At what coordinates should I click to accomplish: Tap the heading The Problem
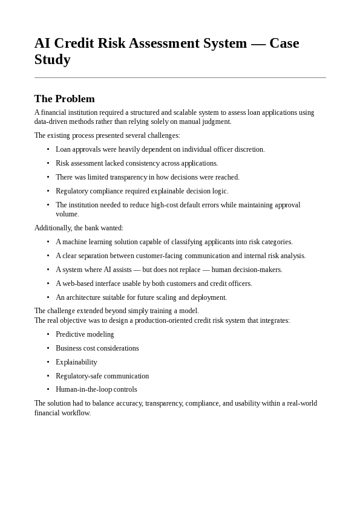(65, 99)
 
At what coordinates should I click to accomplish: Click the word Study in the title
(53, 60)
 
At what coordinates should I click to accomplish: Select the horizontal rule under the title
(180, 78)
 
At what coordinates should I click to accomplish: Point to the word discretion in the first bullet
(249, 149)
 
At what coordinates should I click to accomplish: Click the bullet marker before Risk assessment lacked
(48, 163)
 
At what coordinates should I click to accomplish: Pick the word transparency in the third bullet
(129, 177)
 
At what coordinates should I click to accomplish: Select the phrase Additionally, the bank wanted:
(79, 228)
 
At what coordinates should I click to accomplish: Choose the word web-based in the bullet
(77, 284)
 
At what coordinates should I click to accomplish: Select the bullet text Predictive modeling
(85, 334)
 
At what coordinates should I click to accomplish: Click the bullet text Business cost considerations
(97, 348)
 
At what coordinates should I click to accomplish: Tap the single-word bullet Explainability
(76, 362)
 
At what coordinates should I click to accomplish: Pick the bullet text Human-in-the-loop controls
(96, 389)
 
